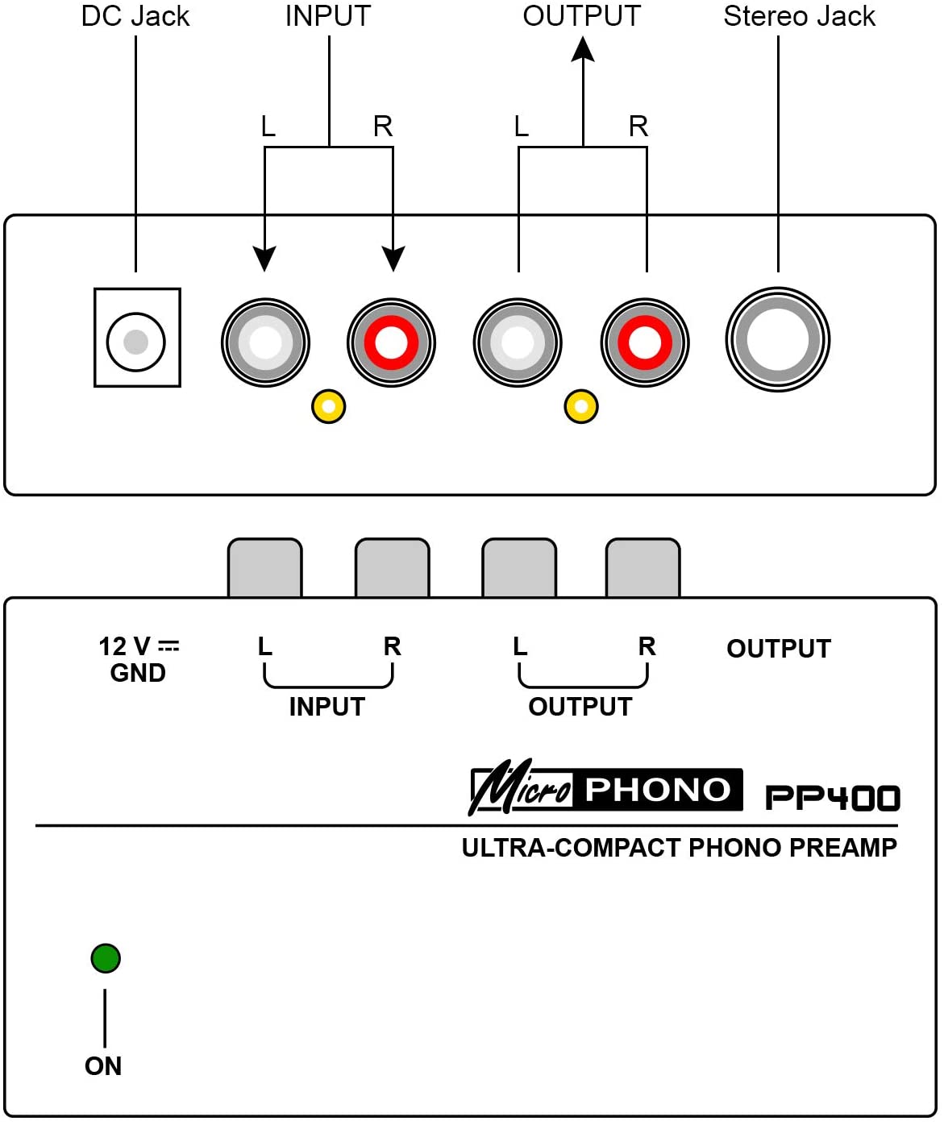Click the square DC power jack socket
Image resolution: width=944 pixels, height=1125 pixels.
137,338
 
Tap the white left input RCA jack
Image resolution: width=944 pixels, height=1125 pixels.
265,342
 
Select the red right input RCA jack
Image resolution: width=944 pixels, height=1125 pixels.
391,342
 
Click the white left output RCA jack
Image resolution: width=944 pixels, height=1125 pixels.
518,342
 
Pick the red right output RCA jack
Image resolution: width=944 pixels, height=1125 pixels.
644,342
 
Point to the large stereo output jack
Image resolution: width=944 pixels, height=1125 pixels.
777,339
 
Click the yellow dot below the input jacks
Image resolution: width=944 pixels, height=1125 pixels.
328,406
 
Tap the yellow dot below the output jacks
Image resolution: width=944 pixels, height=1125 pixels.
581,406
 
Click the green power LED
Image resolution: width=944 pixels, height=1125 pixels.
106,958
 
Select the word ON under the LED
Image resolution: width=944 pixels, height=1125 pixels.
103,1066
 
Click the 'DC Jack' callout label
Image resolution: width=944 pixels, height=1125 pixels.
135,16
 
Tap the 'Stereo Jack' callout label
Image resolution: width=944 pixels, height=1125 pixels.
799,16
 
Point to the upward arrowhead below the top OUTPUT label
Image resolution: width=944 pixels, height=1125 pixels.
583,50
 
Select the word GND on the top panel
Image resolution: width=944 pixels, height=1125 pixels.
138,673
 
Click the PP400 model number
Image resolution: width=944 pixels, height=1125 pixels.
832,798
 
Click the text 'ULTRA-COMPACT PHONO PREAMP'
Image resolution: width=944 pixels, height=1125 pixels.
679,848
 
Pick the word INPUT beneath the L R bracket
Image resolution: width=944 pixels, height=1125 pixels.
327,707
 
